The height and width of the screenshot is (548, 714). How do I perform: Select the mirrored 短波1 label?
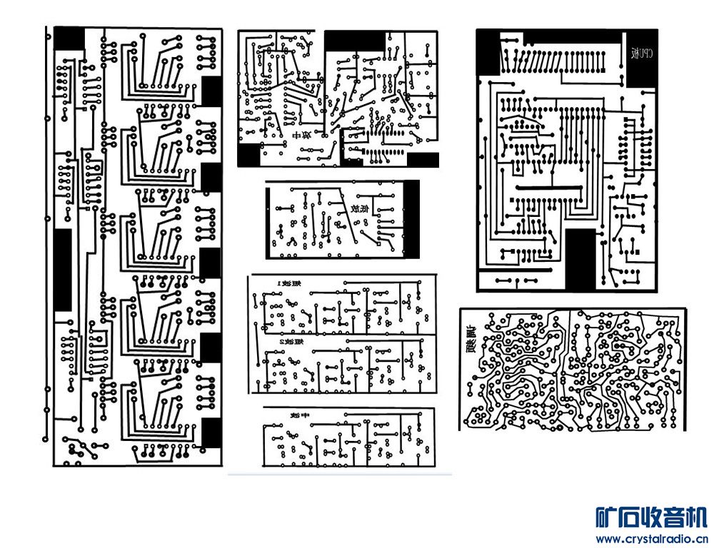[x=288, y=283]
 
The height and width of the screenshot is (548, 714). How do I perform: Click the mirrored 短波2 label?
[x=288, y=342]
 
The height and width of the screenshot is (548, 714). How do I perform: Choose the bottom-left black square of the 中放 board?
[x=249, y=155]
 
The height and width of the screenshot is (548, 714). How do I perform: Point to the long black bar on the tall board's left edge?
[x=63, y=270]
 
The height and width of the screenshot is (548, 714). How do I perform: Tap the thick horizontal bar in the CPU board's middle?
[x=549, y=187]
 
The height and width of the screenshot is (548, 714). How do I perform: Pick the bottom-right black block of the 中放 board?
[x=422, y=160]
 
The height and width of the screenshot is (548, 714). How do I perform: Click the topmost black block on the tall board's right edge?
[x=211, y=91]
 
